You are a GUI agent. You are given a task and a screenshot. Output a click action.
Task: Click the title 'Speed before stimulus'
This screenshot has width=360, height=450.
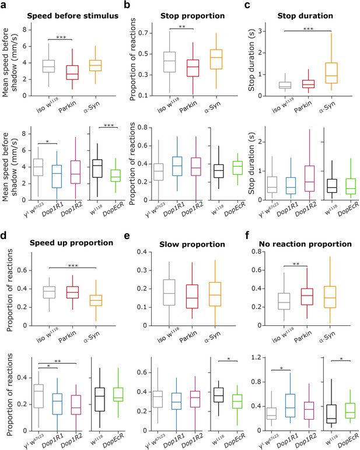73,16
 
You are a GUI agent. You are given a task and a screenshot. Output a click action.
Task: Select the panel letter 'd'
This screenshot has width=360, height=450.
4,235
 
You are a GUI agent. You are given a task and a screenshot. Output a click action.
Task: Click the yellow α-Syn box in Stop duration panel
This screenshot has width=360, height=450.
331,73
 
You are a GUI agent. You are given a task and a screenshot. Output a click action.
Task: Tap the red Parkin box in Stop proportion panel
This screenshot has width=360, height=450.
193,68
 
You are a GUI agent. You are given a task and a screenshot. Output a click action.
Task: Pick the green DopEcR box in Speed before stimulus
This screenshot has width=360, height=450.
115,175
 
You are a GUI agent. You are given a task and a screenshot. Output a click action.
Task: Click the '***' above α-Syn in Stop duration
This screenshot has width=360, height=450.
308,29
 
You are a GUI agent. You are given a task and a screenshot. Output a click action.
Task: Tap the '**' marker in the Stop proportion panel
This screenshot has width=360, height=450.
182,27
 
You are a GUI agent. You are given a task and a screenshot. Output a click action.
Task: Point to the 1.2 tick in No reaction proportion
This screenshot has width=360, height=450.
256,357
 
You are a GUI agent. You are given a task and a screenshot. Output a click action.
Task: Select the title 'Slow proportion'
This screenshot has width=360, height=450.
192,244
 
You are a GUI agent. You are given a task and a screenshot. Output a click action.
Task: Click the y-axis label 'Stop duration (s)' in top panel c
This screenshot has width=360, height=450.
251,60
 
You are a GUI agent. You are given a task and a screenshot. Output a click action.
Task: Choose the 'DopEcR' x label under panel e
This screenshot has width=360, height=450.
235,440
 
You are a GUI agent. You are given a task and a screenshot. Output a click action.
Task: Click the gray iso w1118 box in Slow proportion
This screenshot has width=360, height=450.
169,293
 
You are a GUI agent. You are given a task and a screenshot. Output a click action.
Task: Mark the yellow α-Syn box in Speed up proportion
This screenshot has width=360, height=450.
96,300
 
